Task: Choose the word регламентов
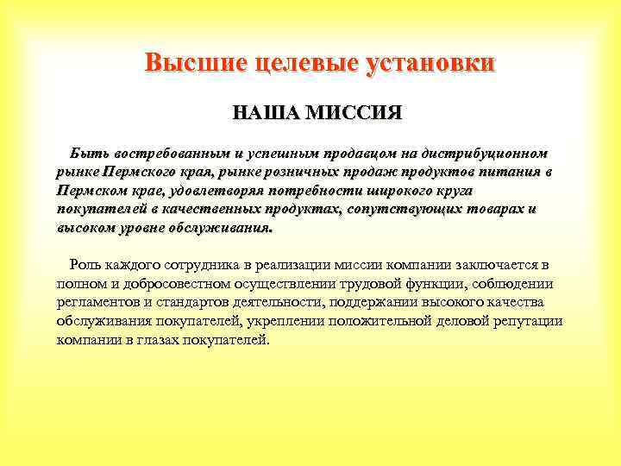pos(96,303)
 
